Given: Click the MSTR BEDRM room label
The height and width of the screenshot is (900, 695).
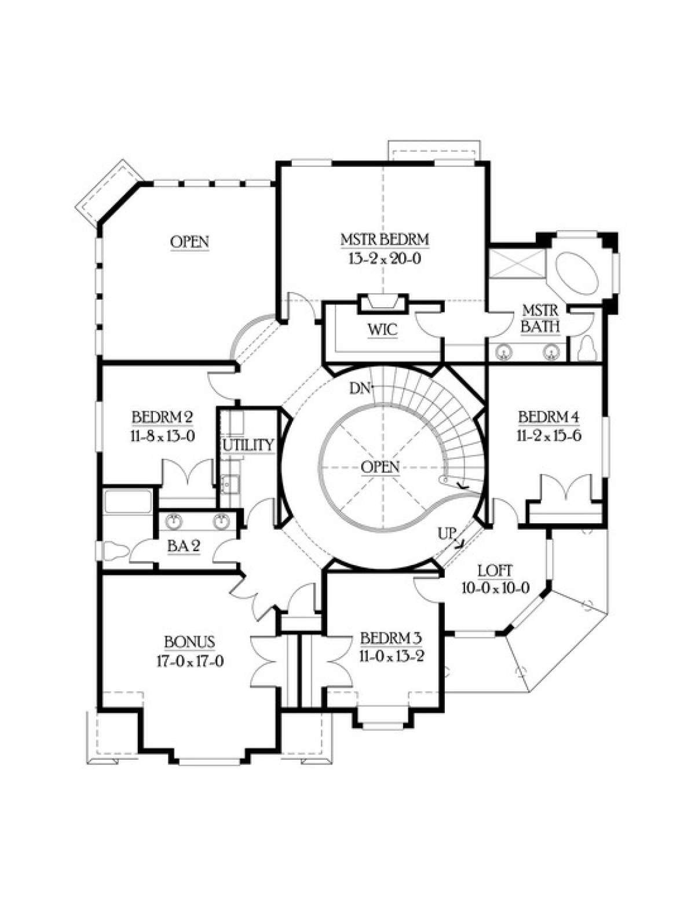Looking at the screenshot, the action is tap(385, 239).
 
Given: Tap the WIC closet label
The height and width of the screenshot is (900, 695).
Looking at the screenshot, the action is tap(382, 330).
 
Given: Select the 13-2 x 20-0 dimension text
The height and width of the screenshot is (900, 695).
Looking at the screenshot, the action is tap(385, 259).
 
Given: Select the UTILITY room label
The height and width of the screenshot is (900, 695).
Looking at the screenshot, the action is tap(248, 445).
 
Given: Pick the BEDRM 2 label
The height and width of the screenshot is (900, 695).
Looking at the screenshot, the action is tap(163, 417).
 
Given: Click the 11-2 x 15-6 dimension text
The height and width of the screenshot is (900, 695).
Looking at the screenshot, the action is tap(549, 436).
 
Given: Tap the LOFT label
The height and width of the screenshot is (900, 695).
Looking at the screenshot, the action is tap(495, 571).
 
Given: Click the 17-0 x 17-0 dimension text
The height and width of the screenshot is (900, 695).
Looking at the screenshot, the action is tap(190, 661).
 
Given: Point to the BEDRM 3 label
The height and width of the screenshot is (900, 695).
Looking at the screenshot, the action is tap(391, 638).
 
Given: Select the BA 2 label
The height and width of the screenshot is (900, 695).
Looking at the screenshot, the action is tap(184, 546).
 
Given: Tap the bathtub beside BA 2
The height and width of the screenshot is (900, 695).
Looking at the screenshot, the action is tap(128, 501).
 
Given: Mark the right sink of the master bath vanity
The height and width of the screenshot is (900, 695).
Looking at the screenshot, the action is tap(551, 352).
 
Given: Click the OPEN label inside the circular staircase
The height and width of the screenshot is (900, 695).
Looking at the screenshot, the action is tap(380, 467).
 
